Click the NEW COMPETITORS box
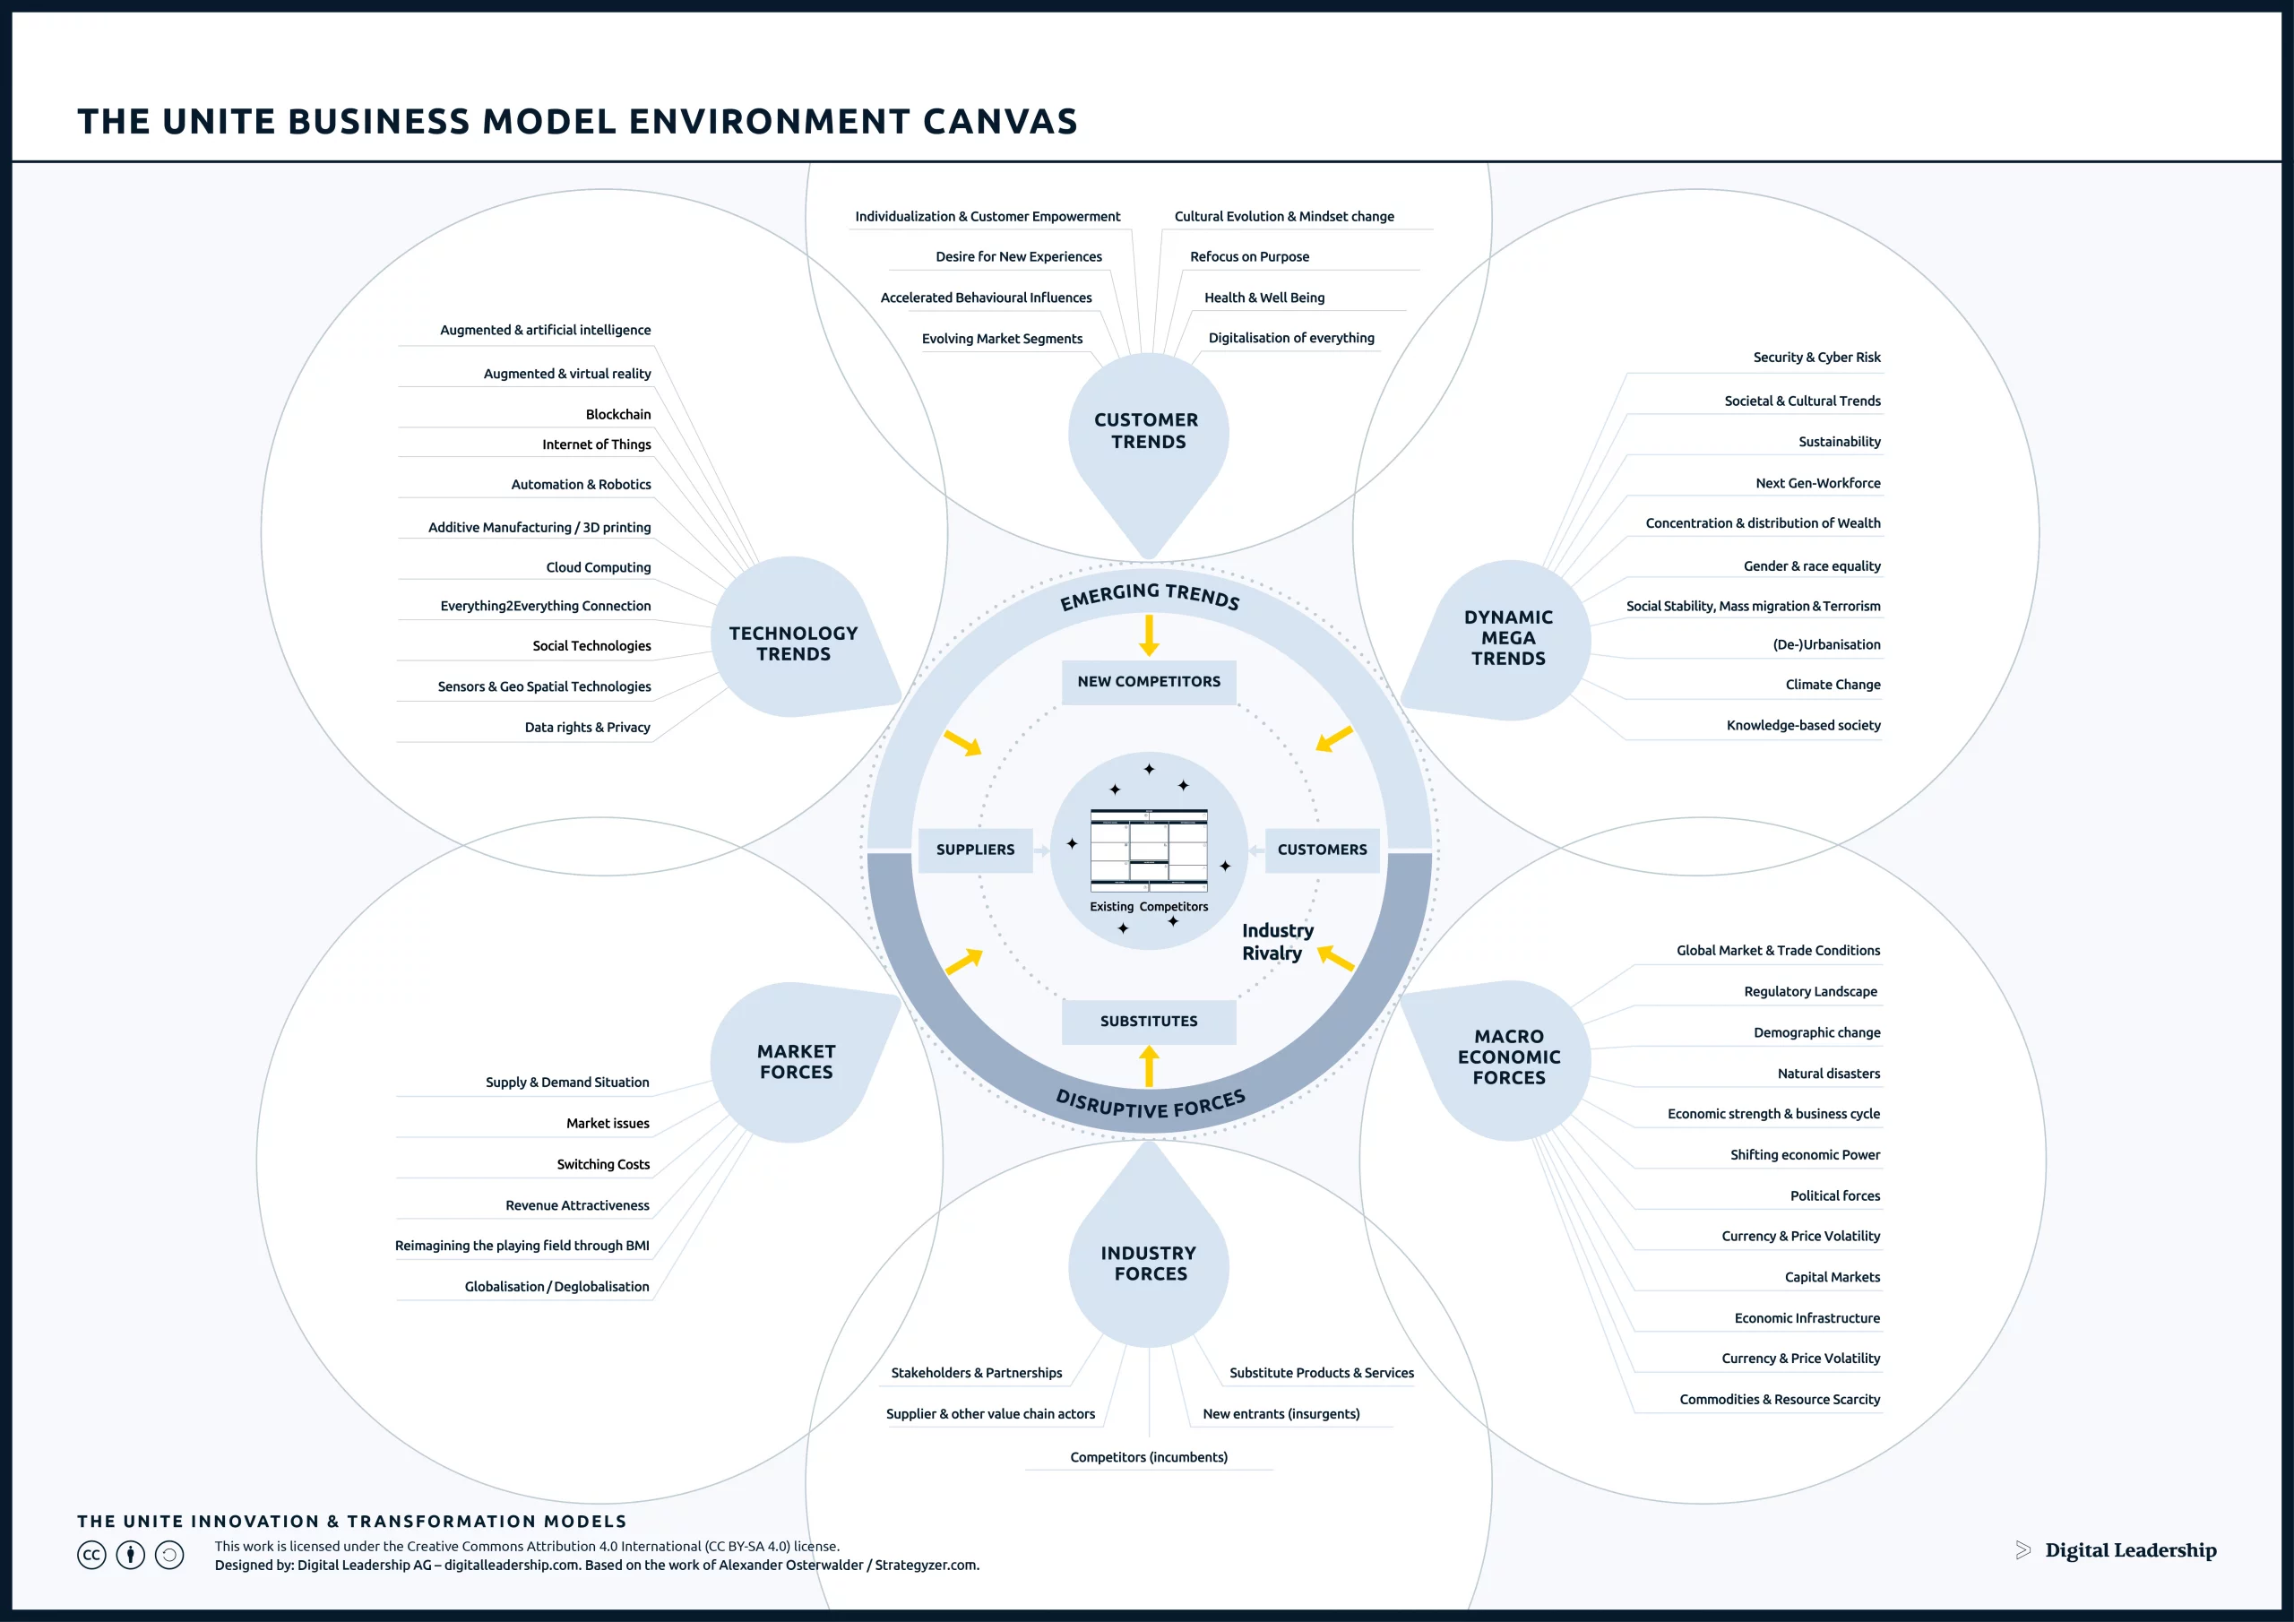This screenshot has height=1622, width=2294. click(1148, 682)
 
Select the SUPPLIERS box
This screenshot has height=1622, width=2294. click(974, 850)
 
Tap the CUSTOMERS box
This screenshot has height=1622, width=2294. click(1321, 850)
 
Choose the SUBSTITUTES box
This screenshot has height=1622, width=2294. click(1148, 1022)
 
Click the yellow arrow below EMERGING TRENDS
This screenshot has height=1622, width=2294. click(1149, 635)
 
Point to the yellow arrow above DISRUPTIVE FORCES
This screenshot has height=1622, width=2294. click(1149, 1066)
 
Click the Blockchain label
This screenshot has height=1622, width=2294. click(617, 415)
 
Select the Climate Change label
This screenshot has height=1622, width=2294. click(1833, 685)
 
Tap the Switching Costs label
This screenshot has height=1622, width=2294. click(602, 1164)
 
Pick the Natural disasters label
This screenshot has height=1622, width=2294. click(1828, 1074)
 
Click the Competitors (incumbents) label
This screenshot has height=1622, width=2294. click(1149, 1457)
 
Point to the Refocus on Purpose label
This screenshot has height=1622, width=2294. click(1249, 257)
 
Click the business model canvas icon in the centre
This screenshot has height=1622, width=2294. click(1149, 850)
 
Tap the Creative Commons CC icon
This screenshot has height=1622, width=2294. click(91, 1555)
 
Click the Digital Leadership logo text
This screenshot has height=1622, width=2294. click(2130, 1550)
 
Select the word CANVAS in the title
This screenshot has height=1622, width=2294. click(1000, 122)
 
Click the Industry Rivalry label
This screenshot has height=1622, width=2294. click(1277, 942)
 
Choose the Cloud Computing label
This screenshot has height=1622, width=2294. click(598, 567)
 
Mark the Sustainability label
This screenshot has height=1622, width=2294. click(1839, 442)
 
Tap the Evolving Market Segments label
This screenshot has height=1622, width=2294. click(1001, 339)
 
